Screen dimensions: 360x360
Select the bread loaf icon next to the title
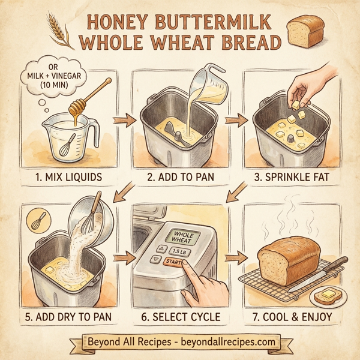coord(305,31)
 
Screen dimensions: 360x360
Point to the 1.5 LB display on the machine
coord(178,251)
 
